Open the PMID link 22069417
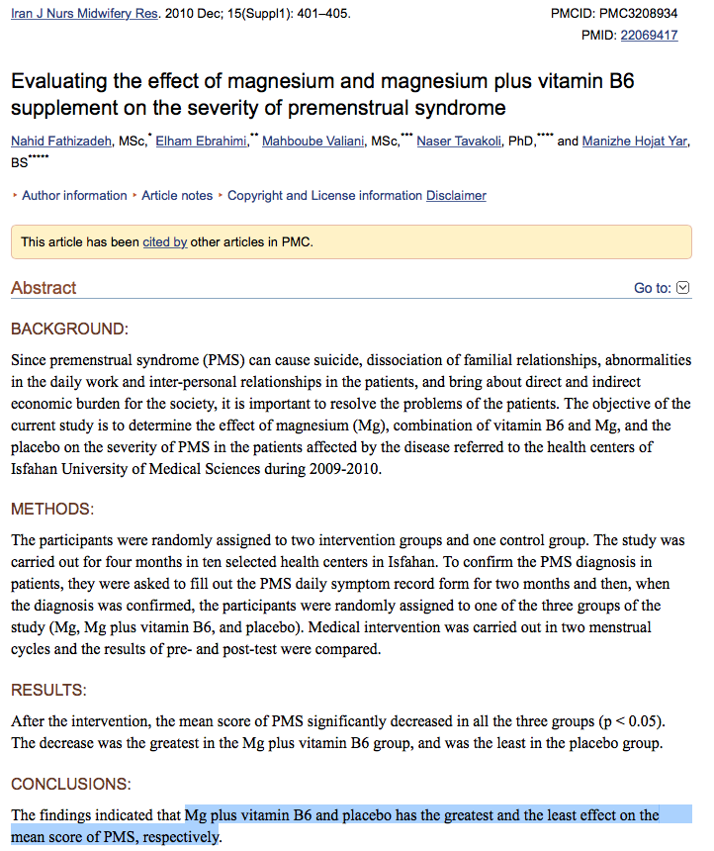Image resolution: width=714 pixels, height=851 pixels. click(649, 35)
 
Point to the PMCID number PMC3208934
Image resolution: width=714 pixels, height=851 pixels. click(641, 15)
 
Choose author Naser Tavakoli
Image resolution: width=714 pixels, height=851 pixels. click(460, 142)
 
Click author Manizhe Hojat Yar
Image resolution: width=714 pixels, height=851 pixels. click(634, 142)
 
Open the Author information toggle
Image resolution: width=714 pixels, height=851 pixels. click(74, 196)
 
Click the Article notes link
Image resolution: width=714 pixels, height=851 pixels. click(177, 196)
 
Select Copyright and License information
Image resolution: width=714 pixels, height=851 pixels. click(324, 196)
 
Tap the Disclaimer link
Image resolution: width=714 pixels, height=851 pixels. click(456, 196)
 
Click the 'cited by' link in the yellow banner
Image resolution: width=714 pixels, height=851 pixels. click(164, 241)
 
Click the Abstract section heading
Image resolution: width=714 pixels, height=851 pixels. click(44, 288)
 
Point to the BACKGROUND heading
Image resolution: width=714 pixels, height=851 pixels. click(69, 329)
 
